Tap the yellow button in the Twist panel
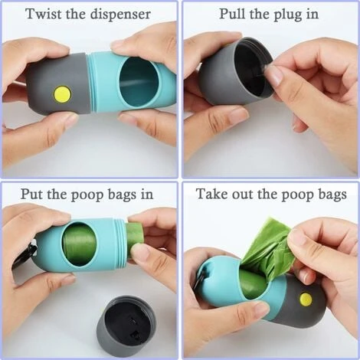[x=61, y=94]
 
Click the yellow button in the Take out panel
[x=306, y=298]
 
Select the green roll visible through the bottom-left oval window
[x=80, y=244]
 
